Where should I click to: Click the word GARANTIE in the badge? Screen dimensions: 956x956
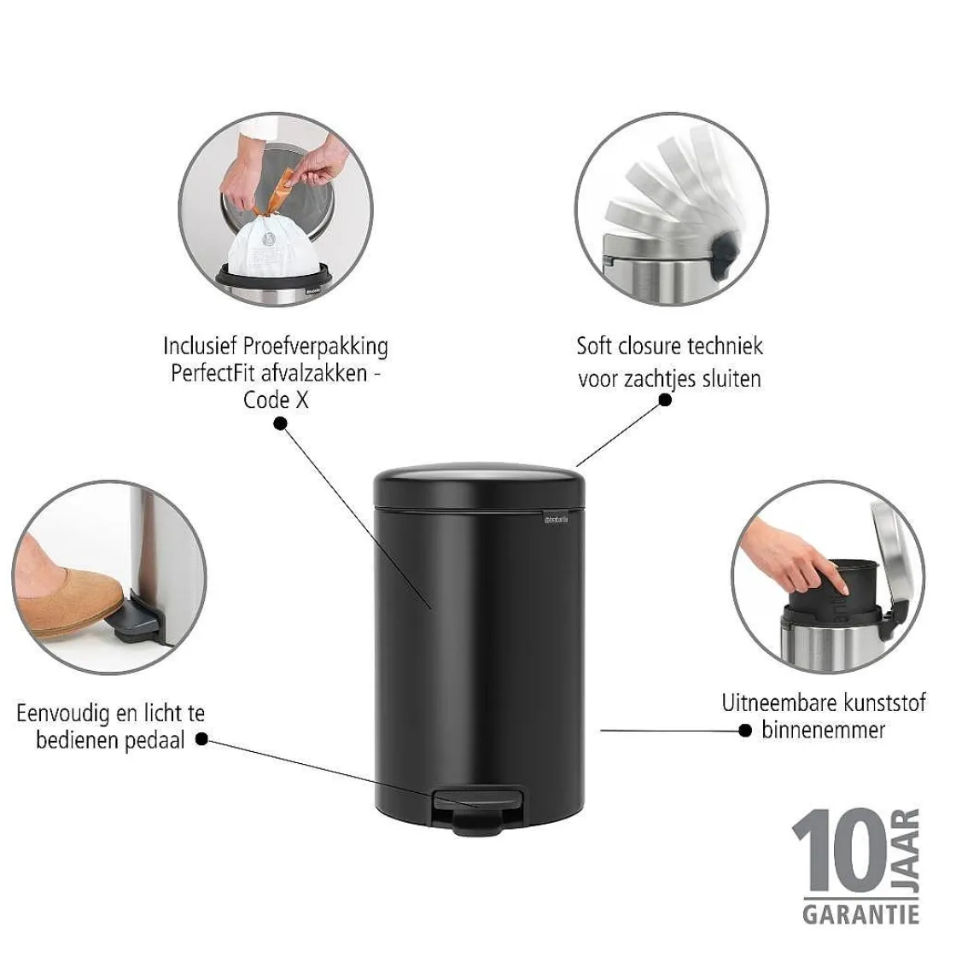click(860, 914)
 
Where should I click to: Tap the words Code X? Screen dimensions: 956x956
click(276, 399)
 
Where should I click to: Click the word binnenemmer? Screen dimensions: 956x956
click(823, 730)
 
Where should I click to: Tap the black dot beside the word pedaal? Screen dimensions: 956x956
click(201, 739)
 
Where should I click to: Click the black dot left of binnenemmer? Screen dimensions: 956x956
click(745, 731)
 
